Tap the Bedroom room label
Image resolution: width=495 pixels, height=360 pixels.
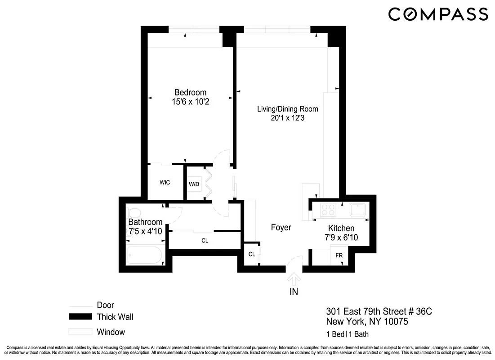click(190, 93)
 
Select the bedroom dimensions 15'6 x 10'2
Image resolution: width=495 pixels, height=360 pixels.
click(190, 102)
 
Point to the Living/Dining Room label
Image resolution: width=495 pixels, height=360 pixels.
click(287, 109)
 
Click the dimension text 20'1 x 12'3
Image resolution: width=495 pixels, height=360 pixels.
click(287, 118)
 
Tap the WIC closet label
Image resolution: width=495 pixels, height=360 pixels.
click(165, 183)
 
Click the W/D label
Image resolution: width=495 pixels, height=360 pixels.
click(194, 184)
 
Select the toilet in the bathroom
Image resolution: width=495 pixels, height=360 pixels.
click(134, 212)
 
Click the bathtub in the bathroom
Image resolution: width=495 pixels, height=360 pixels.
click(144, 255)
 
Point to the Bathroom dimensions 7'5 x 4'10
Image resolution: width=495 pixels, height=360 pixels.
click(145, 231)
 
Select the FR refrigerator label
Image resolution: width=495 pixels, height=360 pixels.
click(339, 254)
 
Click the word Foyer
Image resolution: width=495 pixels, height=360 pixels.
click(281, 228)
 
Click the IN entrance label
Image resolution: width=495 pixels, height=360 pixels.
click(294, 292)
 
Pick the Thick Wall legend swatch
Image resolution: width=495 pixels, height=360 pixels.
click(80, 317)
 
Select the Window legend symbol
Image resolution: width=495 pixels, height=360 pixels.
click(80, 332)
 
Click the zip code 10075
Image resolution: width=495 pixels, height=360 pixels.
click(394, 322)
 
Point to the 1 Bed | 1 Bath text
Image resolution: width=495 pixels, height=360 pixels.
click(348, 334)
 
